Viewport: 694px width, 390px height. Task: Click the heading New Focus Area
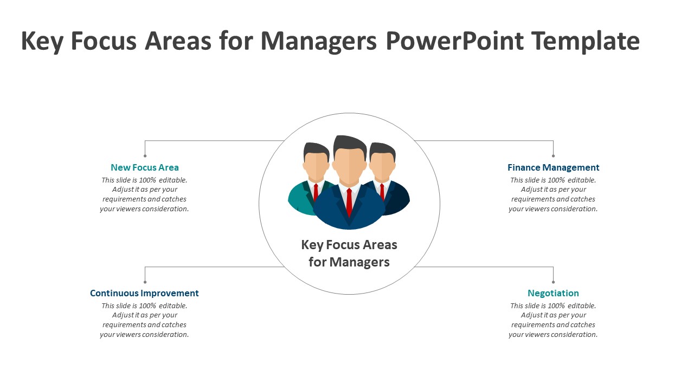coord(145,167)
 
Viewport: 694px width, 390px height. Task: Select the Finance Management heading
coord(553,167)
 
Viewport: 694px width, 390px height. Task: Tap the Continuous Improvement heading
coord(144,293)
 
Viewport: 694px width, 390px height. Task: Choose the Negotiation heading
coord(553,293)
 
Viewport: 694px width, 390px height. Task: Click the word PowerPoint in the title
coord(454,41)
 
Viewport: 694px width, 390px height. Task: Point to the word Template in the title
coord(586,41)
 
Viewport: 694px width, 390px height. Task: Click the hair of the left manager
coord(316,149)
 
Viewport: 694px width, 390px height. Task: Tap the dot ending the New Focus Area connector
coord(145,156)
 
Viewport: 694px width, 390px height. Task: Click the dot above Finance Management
coord(553,156)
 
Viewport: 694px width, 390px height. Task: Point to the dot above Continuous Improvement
coord(145,282)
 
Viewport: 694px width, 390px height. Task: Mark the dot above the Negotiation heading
coord(553,282)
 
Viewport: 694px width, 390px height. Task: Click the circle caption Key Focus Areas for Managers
coord(349,253)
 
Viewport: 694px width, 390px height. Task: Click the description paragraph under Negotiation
coord(553,320)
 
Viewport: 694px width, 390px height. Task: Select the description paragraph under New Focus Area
coord(145,194)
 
